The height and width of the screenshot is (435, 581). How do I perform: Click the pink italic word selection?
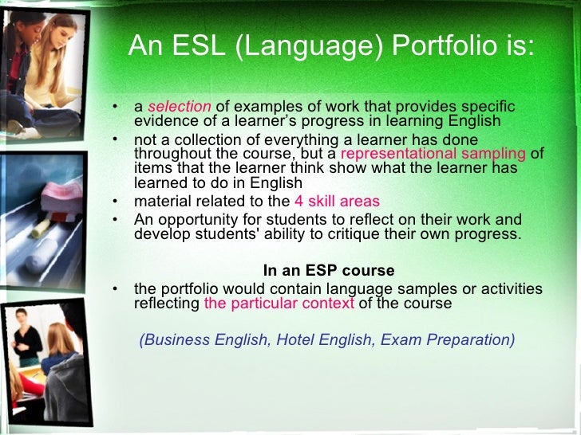pyautogui.click(x=180, y=107)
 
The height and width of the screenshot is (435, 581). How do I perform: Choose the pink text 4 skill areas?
pyautogui.click(x=337, y=201)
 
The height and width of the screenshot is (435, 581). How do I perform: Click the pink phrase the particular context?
pyautogui.click(x=279, y=304)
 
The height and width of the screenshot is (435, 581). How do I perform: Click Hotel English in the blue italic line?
pyautogui.click(x=323, y=339)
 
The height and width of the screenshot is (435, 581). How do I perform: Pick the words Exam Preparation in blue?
pyautogui.click(x=447, y=339)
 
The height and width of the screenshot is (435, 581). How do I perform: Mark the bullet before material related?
pyautogui.click(x=116, y=201)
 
